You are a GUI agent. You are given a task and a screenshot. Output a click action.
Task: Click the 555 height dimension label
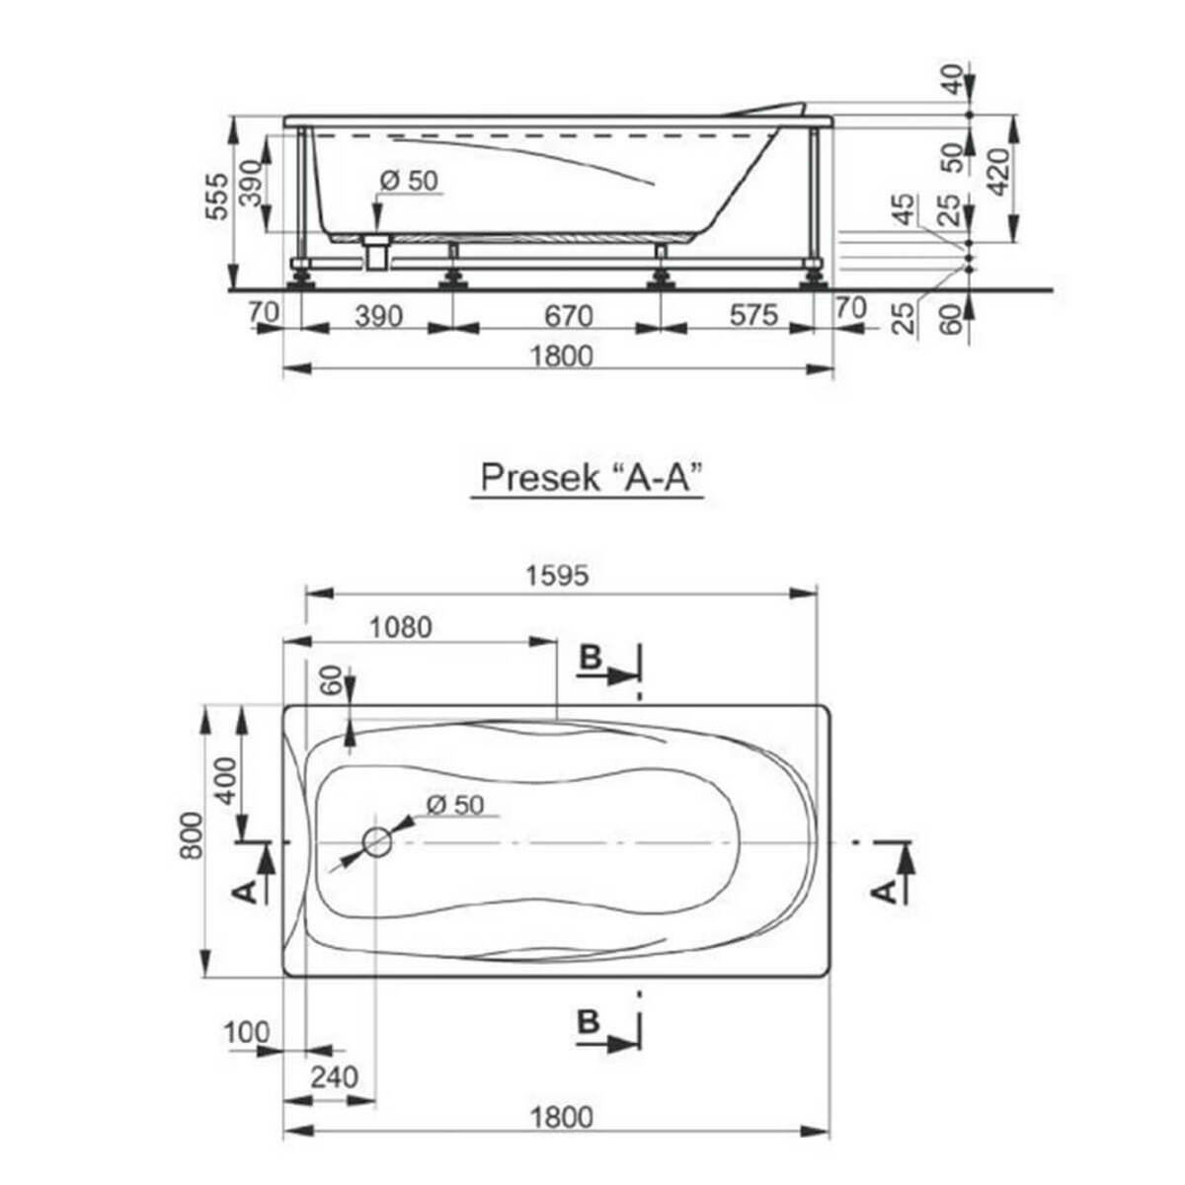(x=217, y=197)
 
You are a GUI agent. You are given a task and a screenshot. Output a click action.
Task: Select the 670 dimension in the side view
(x=568, y=317)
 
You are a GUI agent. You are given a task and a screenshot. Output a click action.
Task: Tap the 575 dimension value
(x=753, y=316)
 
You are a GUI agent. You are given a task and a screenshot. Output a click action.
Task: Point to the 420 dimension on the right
(x=997, y=172)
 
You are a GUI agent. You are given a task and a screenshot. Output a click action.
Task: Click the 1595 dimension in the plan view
(x=557, y=576)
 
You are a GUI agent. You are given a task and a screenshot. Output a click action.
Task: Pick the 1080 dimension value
(x=401, y=628)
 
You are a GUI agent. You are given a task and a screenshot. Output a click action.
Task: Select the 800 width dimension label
(x=192, y=835)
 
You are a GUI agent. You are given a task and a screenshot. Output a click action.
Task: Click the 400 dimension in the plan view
(x=226, y=781)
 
